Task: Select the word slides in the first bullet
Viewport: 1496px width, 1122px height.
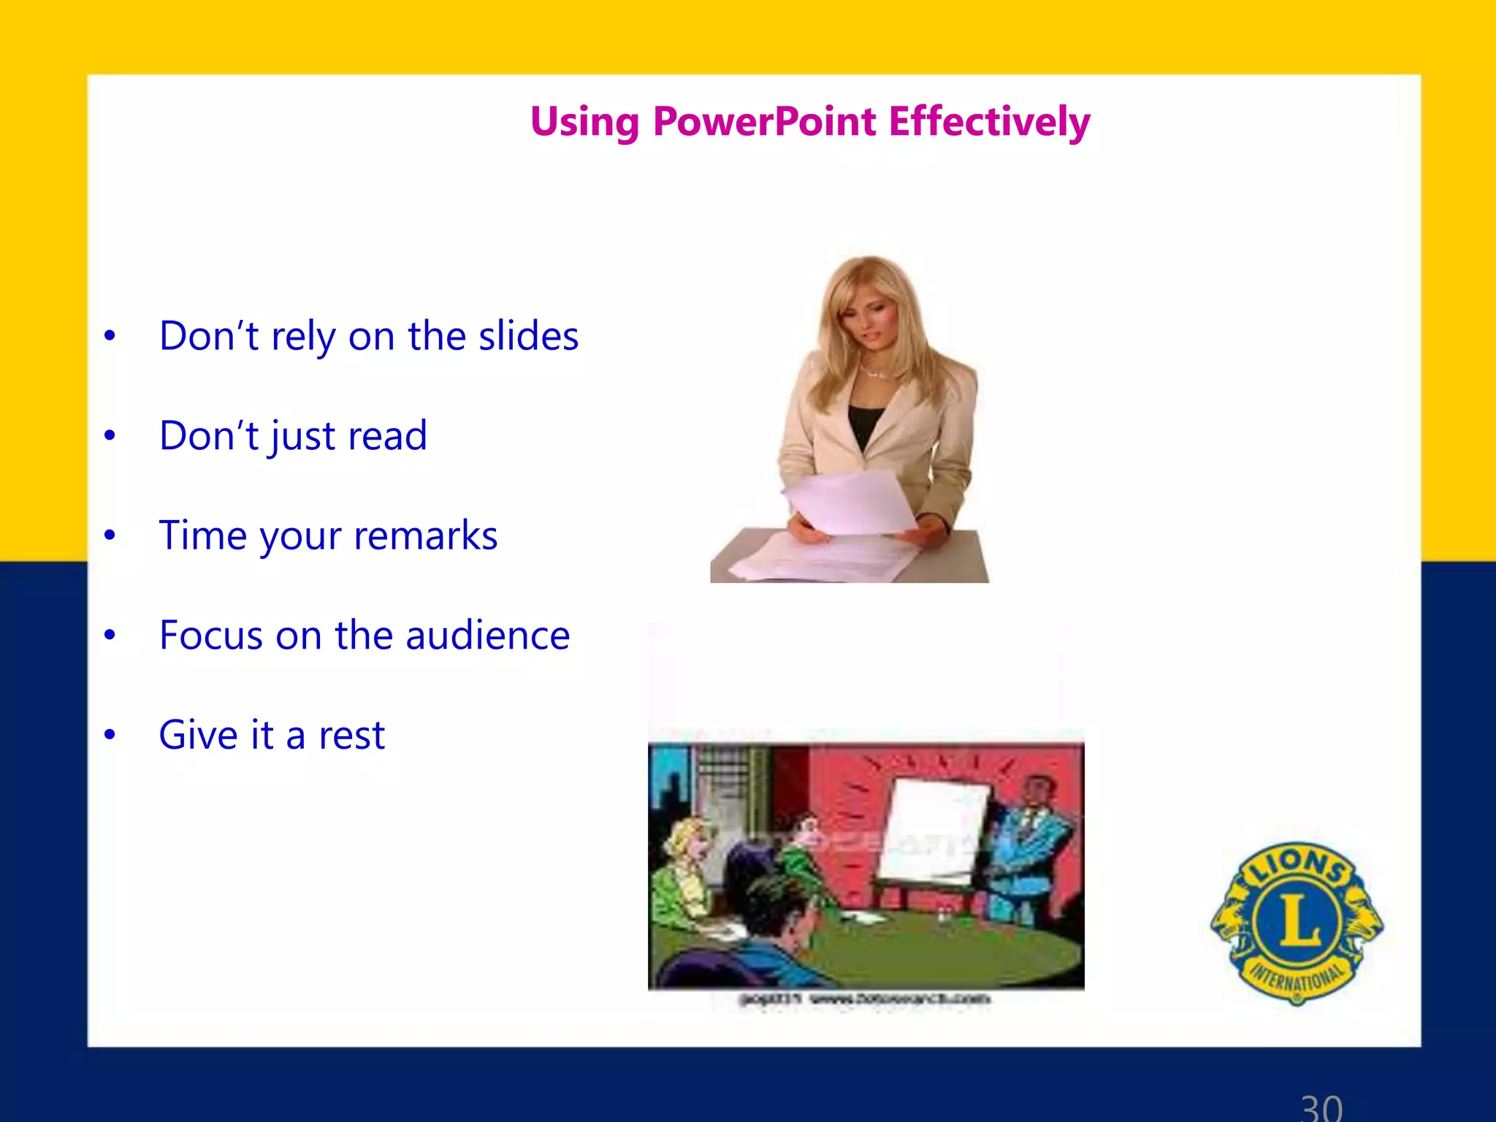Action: pyautogui.click(x=528, y=336)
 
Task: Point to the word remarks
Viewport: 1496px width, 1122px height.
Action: pyautogui.click(x=425, y=535)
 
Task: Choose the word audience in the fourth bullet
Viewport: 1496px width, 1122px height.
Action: pyautogui.click(x=487, y=635)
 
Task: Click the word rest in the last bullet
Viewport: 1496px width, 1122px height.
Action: pyautogui.click(x=351, y=735)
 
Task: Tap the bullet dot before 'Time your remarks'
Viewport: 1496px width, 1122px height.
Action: pyautogui.click(x=110, y=535)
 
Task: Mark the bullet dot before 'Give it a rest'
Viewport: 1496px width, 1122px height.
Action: pyautogui.click(x=110, y=735)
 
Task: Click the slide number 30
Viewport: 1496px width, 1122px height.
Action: pyautogui.click(x=1321, y=1107)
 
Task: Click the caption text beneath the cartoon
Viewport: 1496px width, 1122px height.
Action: pyautogui.click(x=866, y=999)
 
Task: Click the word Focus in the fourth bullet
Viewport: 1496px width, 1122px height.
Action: pyautogui.click(x=209, y=635)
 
